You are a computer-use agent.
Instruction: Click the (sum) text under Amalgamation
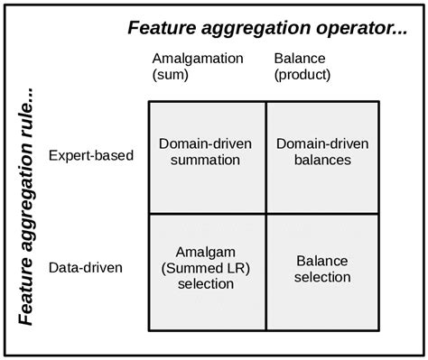tap(170, 75)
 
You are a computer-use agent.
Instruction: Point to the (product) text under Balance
tap(302, 75)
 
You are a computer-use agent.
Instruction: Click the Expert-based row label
tap(91, 155)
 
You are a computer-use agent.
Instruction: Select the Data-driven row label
tap(86, 268)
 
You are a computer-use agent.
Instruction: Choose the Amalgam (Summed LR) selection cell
tap(207, 268)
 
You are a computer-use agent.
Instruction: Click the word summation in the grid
tap(207, 161)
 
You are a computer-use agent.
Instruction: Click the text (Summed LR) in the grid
tap(207, 268)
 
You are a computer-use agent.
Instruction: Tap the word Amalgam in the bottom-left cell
tap(207, 253)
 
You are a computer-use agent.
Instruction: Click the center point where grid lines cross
tap(265, 213)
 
